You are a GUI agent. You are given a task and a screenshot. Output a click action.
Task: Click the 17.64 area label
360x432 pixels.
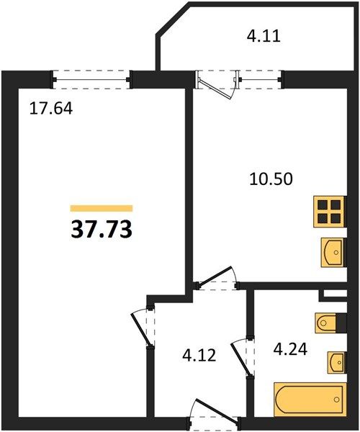(51, 109)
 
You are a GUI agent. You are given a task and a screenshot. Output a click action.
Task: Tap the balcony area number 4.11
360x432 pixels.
(264, 37)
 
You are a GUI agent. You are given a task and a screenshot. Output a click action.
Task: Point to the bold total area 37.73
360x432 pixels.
(102, 230)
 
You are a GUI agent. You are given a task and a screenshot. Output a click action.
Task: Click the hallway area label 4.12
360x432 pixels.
(199, 356)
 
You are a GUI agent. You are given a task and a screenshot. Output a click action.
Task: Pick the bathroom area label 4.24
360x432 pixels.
(290, 349)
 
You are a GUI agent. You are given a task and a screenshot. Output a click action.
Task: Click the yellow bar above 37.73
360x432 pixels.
(102, 208)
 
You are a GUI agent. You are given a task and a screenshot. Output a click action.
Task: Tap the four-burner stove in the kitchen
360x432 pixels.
(330, 211)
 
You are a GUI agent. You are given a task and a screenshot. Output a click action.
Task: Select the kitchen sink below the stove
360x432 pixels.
(333, 253)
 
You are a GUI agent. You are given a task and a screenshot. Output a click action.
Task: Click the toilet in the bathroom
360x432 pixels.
(326, 323)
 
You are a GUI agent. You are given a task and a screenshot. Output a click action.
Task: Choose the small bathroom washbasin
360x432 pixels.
(336, 363)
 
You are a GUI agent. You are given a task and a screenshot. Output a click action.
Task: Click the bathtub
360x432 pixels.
(310, 399)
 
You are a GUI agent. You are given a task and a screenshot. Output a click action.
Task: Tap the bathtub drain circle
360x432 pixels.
(336, 399)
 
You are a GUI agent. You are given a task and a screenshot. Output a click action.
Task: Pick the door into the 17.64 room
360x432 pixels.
(143, 327)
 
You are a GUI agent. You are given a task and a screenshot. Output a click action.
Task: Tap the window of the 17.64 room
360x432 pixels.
(91, 80)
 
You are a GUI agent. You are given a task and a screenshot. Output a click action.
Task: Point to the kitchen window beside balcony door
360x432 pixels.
(260, 80)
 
